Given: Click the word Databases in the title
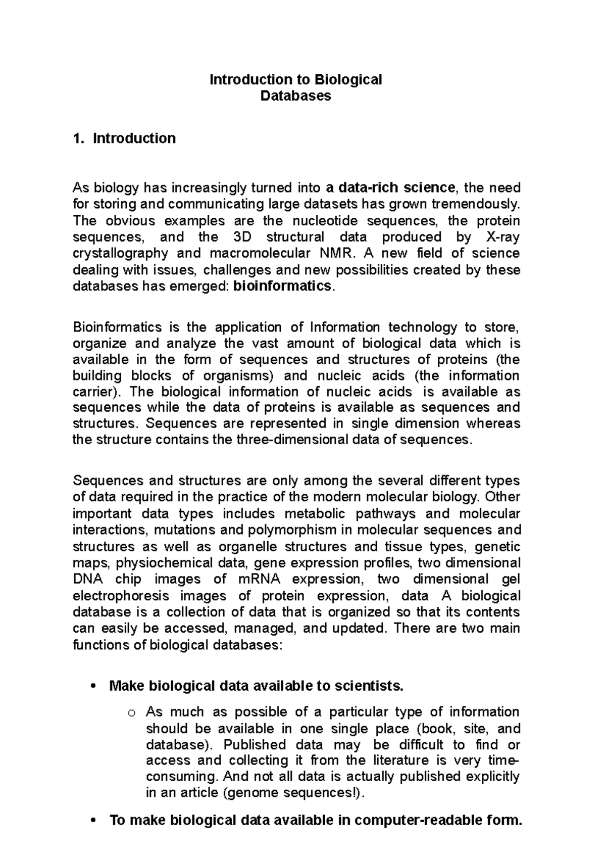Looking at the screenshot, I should coord(295,96).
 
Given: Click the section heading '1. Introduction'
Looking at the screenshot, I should coord(124,138).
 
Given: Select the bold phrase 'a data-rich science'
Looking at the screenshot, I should coord(390,188).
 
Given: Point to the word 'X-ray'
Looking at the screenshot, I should coord(501,237).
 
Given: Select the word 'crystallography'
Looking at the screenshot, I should coord(130,253).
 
